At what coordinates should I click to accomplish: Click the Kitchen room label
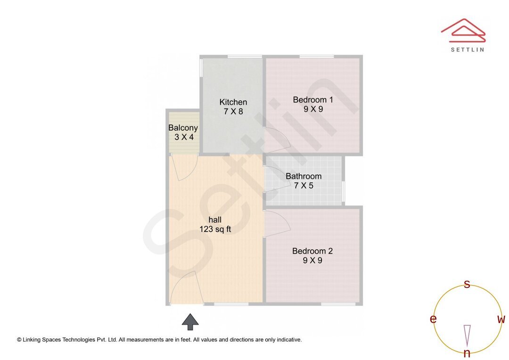233,102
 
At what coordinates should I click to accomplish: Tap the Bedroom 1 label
313,100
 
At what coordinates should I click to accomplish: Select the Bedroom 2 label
312,251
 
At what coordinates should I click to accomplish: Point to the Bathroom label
304,176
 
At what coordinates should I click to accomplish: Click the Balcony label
183,128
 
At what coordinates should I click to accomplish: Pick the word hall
215,220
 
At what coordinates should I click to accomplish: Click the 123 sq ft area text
215,229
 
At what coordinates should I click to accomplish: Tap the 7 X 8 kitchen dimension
233,112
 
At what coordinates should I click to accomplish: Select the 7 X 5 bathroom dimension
304,186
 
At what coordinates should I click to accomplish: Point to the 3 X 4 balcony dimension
184,137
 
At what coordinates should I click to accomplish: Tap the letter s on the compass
467,284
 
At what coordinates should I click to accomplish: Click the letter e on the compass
433,319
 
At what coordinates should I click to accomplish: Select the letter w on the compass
501,319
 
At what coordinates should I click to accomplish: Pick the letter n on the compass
467,353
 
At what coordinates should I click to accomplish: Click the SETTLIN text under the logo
467,49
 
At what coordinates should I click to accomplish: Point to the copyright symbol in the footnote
19,339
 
